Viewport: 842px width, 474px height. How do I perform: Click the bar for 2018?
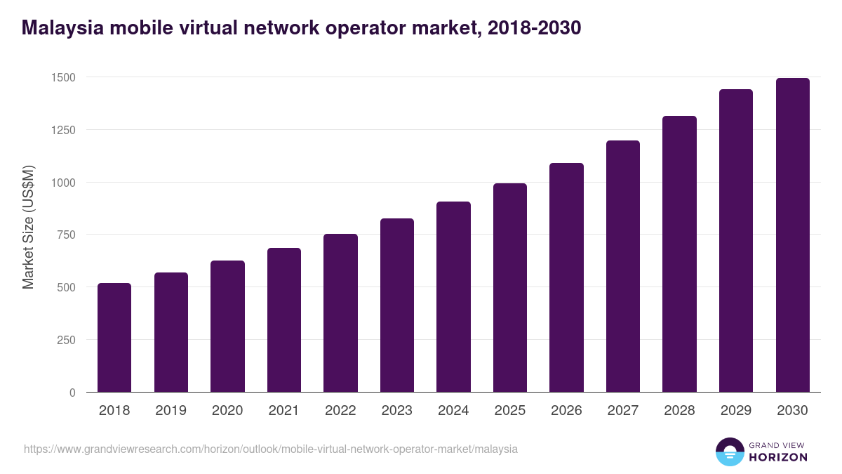[x=114, y=338]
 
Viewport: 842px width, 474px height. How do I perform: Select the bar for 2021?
[x=284, y=320]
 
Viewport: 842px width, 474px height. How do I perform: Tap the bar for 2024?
[x=453, y=297]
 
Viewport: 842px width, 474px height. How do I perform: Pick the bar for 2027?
[x=623, y=266]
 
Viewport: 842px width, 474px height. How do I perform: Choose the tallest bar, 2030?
[x=792, y=235]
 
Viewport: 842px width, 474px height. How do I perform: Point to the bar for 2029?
[x=736, y=241]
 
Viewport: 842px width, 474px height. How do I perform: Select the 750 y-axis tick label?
[x=65, y=235]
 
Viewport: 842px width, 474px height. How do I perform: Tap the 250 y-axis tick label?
[x=65, y=340]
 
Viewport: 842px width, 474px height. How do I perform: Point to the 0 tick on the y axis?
[x=72, y=393]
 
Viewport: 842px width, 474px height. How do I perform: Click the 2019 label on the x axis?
[x=171, y=411]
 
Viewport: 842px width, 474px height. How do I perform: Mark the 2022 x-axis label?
[x=340, y=411]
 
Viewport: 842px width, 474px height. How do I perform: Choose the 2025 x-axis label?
[x=510, y=411]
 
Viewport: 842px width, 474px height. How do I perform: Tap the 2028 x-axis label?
[x=679, y=411]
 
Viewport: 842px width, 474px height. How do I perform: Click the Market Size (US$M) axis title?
[x=29, y=227]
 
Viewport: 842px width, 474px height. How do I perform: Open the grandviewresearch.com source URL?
[x=271, y=449]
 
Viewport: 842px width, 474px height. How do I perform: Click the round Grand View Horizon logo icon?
[x=729, y=452]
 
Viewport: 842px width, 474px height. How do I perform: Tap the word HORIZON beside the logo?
[x=777, y=457]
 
